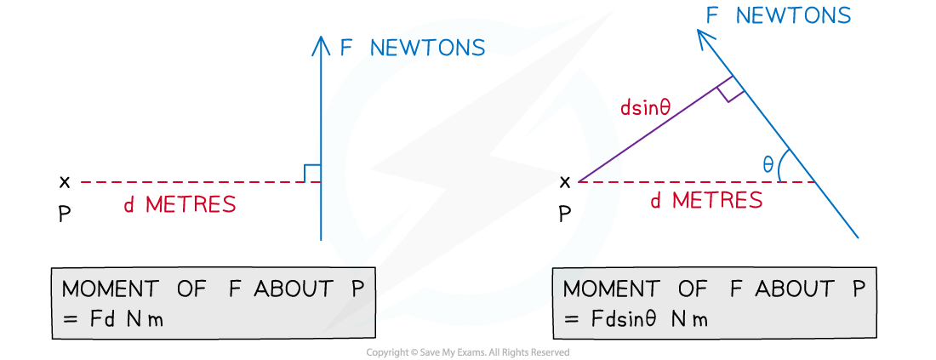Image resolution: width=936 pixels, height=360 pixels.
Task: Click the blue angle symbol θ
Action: [768, 164]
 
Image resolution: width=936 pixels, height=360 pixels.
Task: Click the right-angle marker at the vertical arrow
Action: [311, 173]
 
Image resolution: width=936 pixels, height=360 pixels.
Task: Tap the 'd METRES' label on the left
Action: [180, 205]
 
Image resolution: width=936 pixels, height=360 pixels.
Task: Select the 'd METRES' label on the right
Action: [706, 201]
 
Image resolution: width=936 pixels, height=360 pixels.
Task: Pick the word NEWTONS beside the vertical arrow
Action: [427, 48]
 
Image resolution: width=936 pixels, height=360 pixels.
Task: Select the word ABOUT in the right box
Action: [798, 289]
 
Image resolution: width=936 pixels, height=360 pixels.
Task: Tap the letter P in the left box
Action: [358, 289]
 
